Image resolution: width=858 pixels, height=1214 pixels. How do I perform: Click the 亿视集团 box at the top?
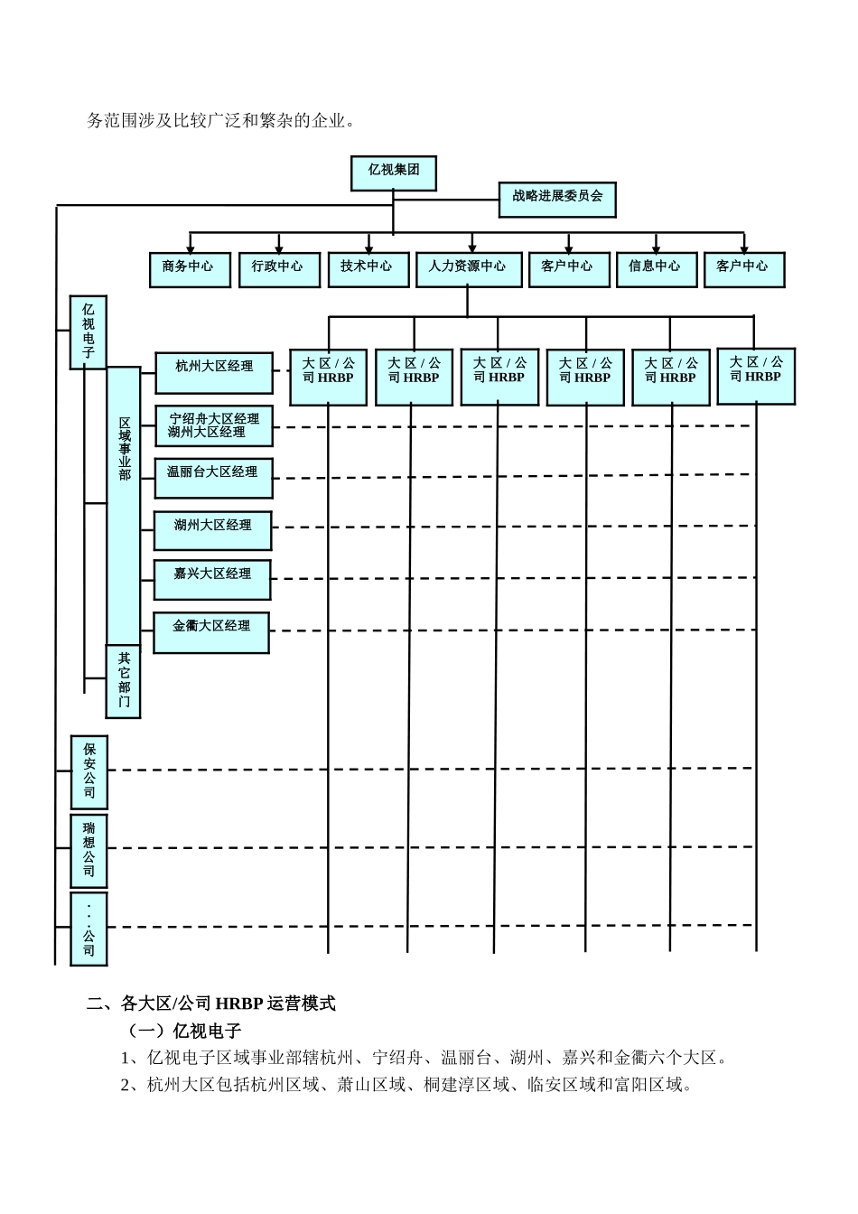coord(393,173)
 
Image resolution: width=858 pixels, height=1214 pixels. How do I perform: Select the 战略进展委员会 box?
coord(557,199)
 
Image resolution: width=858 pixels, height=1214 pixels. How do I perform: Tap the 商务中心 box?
coord(190,269)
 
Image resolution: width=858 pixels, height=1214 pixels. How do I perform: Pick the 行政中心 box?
coord(279,269)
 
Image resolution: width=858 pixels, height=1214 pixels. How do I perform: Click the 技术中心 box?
coord(368,269)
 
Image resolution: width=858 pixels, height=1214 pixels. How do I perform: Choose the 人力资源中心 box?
coord(468,269)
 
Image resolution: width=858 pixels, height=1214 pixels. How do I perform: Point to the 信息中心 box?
coord(656,269)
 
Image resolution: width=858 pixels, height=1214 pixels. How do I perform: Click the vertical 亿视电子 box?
coord(89,332)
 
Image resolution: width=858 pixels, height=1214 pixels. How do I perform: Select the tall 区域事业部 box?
coord(124,505)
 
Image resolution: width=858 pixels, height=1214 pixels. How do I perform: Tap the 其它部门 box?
coord(124,681)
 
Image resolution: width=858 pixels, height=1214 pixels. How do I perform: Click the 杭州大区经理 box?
coord(214,373)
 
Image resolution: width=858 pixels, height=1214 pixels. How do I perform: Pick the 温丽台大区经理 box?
coord(214,478)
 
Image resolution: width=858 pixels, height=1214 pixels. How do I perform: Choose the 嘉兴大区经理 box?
coord(212,579)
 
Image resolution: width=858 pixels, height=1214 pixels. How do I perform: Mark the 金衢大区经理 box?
coord(211,631)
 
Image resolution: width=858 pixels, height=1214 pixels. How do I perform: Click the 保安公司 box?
coord(89,772)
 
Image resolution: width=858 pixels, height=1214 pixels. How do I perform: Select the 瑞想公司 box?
coord(89,851)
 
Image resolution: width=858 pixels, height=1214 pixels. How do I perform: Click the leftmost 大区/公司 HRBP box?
coord(329,377)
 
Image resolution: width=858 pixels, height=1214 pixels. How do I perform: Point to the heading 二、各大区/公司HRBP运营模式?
coord(211,1004)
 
